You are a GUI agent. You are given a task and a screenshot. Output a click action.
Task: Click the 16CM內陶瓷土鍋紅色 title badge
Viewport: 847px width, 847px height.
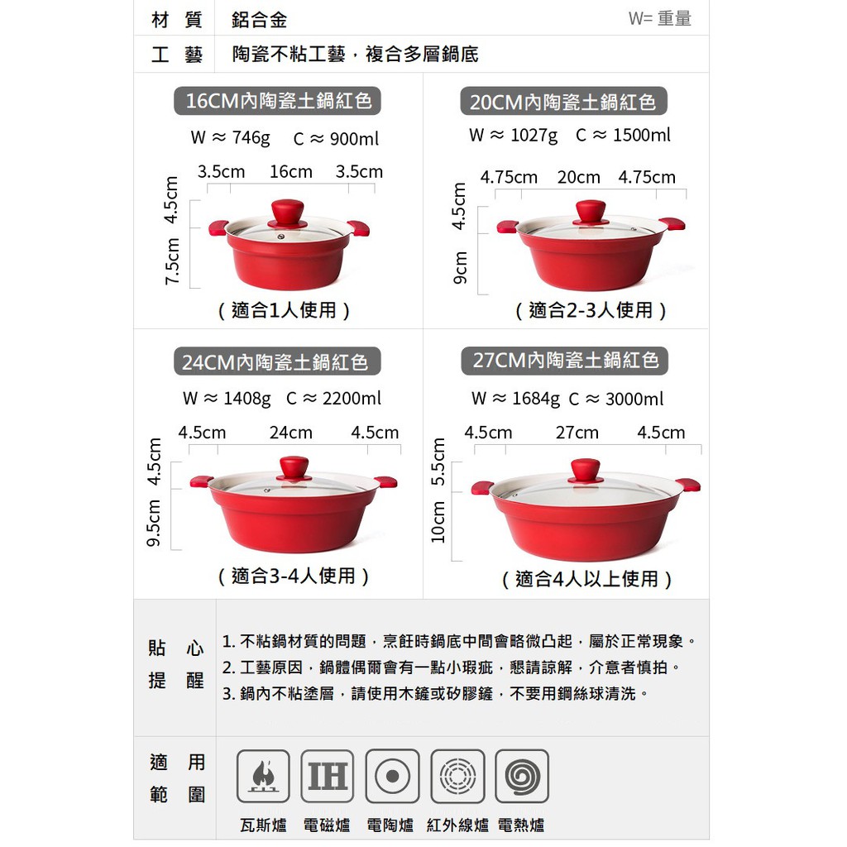click(277, 101)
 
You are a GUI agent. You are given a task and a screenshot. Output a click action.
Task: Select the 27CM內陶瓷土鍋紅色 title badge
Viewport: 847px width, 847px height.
click(564, 361)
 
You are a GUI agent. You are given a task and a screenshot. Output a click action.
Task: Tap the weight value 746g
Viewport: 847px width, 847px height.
click(251, 138)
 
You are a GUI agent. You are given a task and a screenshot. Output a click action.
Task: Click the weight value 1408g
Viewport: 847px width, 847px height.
click(246, 399)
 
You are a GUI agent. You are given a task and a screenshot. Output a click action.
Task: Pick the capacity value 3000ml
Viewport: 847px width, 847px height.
click(634, 400)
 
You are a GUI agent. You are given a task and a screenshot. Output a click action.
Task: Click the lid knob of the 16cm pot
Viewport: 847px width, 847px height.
click(287, 213)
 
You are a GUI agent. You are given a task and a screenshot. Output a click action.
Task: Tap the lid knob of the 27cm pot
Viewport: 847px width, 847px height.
click(586, 471)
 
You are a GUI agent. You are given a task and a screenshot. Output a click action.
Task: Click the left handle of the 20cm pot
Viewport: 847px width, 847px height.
click(508, 226)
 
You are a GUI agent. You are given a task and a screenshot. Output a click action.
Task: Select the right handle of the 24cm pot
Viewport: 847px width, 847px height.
click(386, 481)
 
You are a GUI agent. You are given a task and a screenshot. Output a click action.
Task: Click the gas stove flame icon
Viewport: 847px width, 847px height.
click(263, 776)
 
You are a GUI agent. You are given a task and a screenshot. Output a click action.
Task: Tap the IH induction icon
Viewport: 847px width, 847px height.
click(328, 776)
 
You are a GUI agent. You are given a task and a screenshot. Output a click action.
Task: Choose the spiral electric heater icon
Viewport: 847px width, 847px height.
click(522, 776)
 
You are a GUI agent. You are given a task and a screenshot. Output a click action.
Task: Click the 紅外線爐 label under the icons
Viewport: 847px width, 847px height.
click(457, 825)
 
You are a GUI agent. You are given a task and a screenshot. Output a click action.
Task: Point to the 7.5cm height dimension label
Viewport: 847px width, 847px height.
click(171, 261)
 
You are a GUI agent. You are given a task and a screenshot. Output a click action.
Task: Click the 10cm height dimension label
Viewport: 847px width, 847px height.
click(438, 522)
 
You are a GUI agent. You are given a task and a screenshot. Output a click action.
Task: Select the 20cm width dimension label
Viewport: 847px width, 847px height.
click(578, 177)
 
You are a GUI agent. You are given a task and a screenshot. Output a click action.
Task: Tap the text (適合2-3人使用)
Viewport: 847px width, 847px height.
click(591, 311)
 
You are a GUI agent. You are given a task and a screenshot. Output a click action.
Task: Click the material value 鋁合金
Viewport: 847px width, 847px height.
click(259, 20)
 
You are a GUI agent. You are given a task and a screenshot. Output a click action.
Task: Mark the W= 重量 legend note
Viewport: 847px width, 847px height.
click(659, 18)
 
